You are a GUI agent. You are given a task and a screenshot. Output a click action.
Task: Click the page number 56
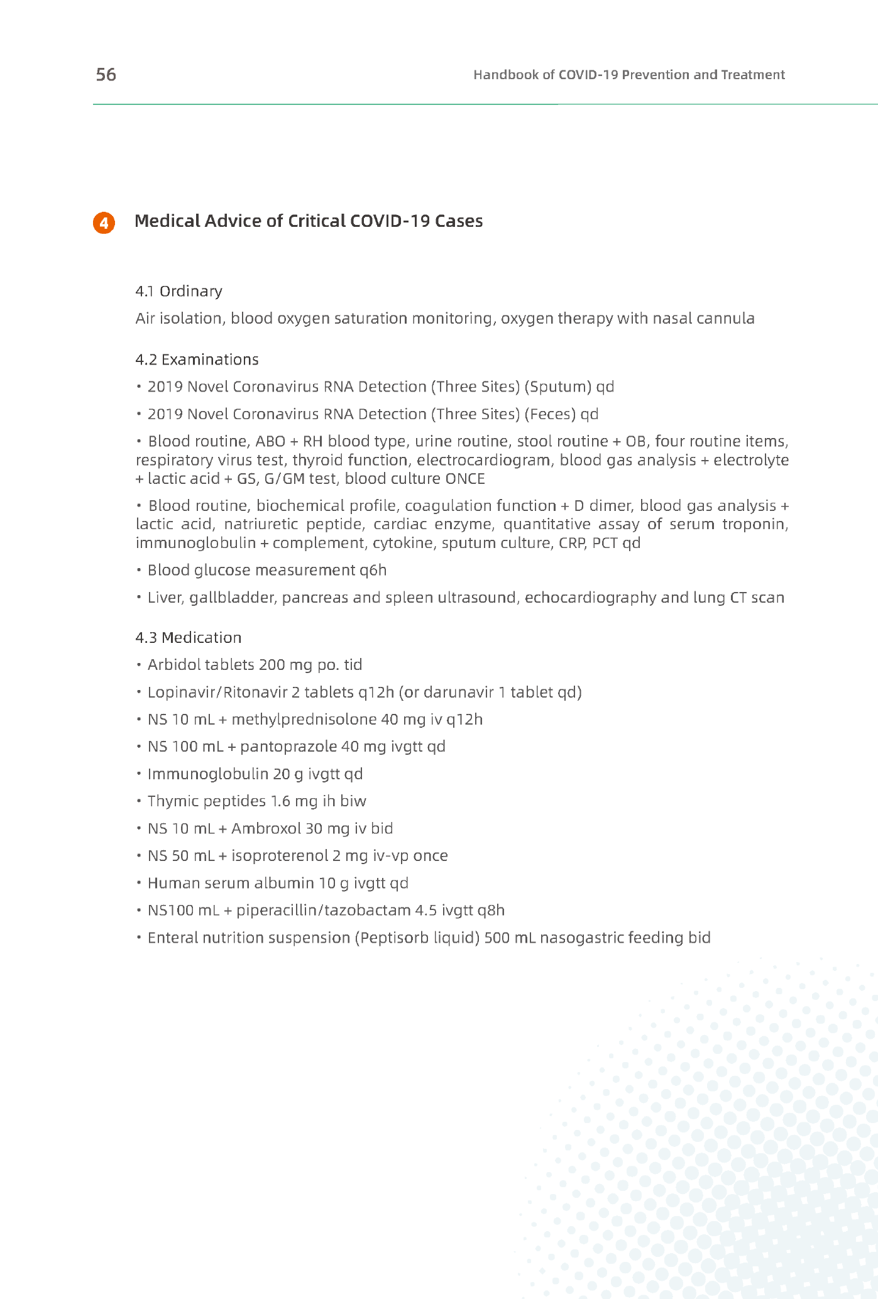point(106,75)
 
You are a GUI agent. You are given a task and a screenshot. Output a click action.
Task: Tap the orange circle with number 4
point(104,223)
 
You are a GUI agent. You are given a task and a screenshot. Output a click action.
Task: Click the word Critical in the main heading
point(316,221)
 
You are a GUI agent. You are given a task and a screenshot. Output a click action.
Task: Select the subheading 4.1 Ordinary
point(178,291)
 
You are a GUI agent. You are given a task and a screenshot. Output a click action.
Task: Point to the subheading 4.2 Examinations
point(197,359)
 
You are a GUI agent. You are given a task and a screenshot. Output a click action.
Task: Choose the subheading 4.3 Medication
point(189,637)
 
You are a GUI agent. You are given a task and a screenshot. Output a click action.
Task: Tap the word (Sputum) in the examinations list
point(557,386)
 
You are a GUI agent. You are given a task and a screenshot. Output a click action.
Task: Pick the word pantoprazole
point(288,747)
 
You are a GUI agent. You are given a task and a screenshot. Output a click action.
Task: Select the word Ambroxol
point(266,828)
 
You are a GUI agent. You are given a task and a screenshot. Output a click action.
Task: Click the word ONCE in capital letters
point(465,479)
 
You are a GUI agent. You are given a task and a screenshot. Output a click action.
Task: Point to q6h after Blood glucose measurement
point(373,570)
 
